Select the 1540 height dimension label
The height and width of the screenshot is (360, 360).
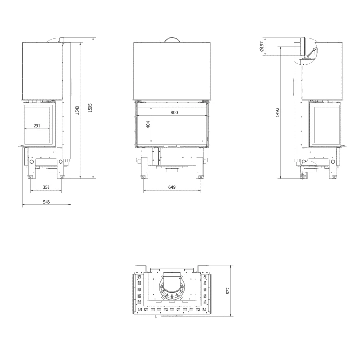coord(78,111)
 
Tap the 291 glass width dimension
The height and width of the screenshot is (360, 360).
coord(37,126)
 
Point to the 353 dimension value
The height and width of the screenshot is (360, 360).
coord(46,187)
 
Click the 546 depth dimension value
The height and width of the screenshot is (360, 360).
coord(46,203)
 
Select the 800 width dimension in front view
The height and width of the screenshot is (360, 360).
coord(174,112)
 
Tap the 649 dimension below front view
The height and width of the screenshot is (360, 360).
coord(172,187)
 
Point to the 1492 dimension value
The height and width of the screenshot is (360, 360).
coord(278,113)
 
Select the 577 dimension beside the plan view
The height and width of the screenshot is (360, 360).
coord(228,290)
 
